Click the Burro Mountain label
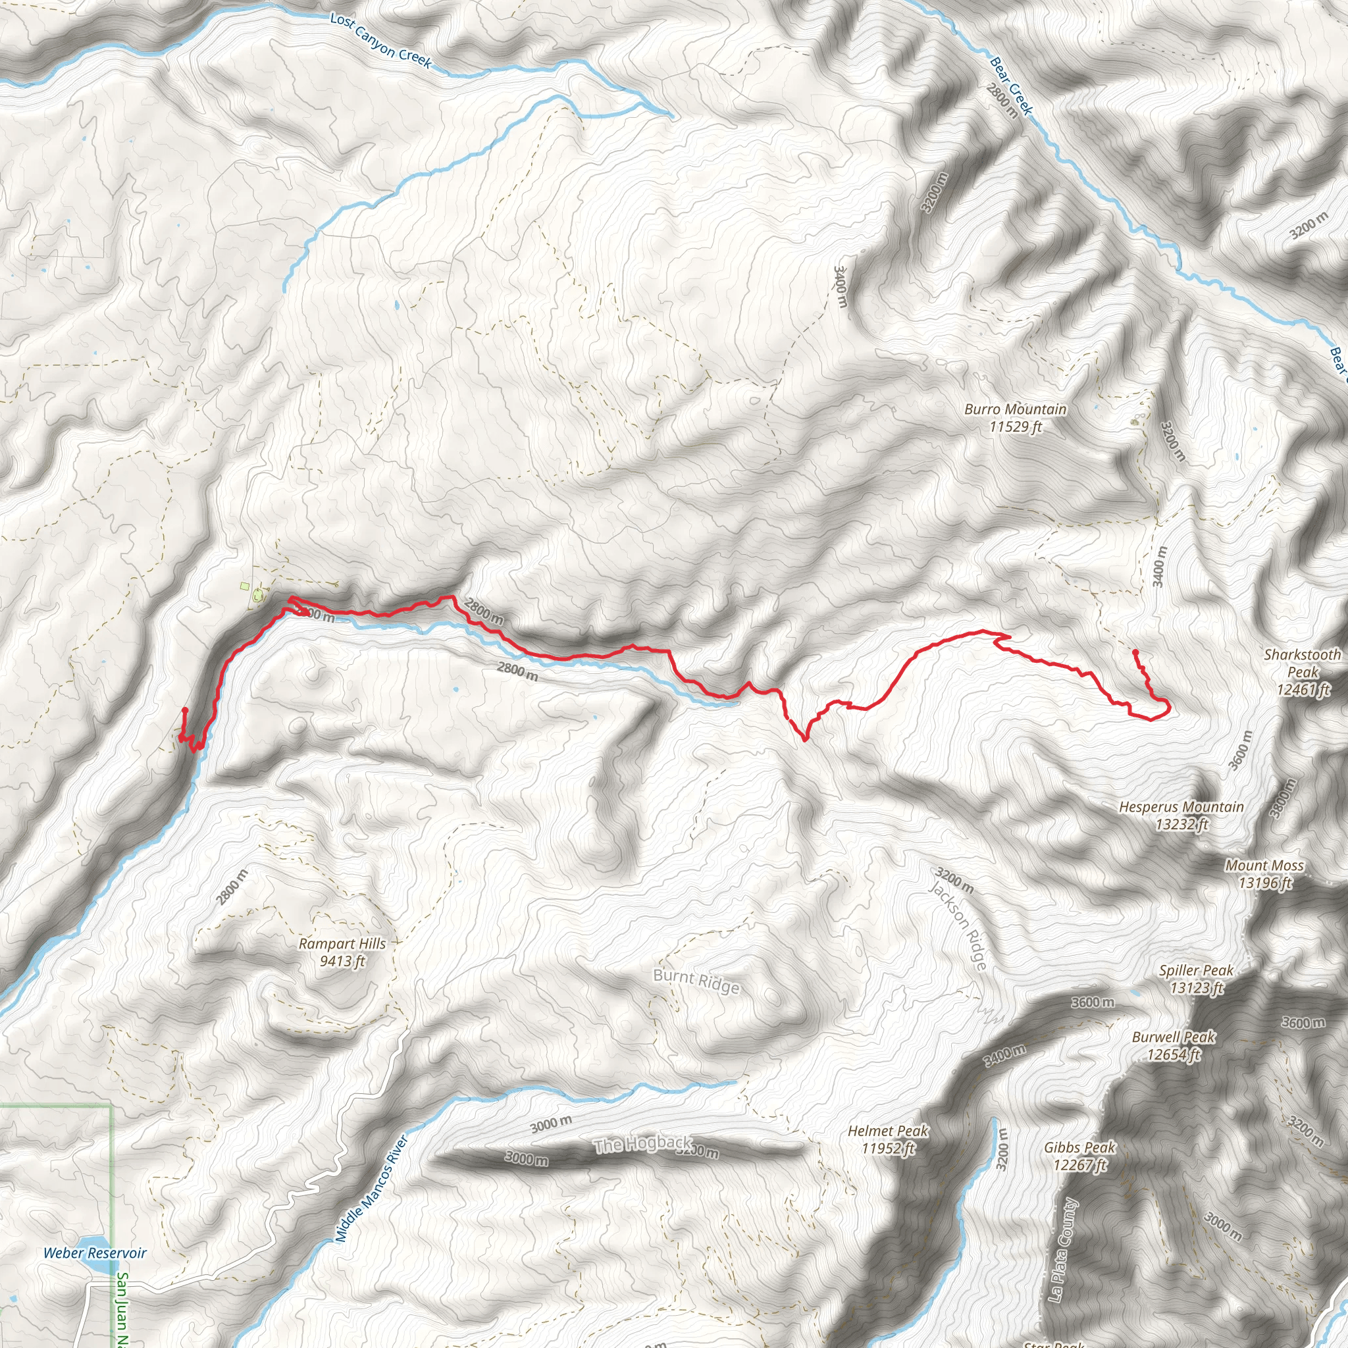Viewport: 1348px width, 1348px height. click(1015, 418)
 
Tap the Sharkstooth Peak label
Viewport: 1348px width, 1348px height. click(1302, 672)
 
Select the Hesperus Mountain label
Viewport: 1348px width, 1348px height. click(1181, 816)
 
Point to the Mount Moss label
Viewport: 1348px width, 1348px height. click(1264, 873)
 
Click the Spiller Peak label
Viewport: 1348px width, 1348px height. click(1196, 979)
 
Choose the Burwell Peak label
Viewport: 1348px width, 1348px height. click(1174, 1046)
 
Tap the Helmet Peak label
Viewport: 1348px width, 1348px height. click(887, 1139)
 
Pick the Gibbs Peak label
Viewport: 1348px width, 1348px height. click(1079, 1155)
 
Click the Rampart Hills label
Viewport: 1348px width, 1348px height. click(342, 952)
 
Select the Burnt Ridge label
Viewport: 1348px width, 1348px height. click(696, 980)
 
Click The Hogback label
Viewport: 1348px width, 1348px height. click(642, 1144)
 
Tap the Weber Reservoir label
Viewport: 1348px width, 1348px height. click(95, 1253)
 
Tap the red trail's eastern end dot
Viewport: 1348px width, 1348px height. click(1135, 652)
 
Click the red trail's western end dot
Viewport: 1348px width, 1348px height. click(185, 710)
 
